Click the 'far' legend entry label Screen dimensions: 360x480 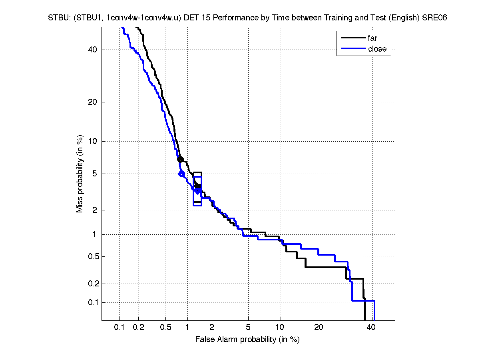372,38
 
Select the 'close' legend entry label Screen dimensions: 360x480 377,49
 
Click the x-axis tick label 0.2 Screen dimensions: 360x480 138,328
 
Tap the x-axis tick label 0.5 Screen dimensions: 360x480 165,328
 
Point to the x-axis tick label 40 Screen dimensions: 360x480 371,328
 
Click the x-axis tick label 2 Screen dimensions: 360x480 212,328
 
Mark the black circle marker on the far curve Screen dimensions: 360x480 180,159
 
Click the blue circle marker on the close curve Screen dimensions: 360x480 181,174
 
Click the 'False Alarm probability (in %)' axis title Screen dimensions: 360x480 247,340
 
